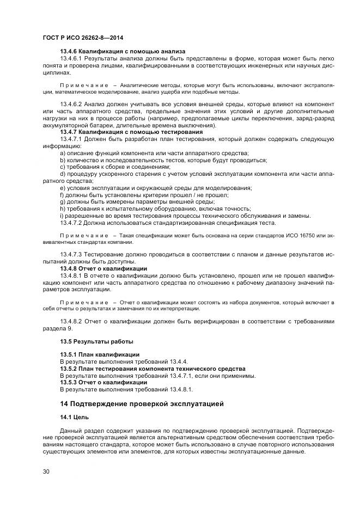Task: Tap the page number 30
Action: pos(46,471)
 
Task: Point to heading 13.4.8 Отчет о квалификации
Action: pos(103,268)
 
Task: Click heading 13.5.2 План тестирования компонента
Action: pos(145,369)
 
